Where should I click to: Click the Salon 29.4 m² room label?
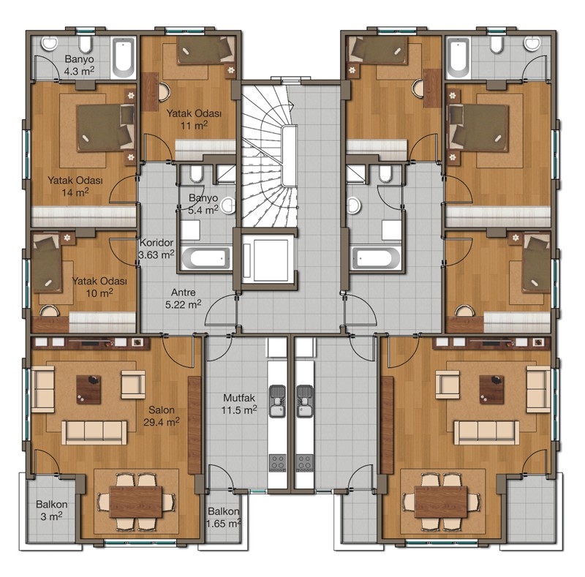point(161,416)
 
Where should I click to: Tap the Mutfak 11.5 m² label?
point(239,404)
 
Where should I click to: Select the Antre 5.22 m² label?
point(184,298)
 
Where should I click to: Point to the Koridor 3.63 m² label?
point(156,249)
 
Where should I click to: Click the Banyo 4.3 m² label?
point(79,65)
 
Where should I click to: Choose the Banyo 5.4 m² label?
point(203,204)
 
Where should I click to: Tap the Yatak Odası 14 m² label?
point(75,186)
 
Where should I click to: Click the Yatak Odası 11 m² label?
point(194,119)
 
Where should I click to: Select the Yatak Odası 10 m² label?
point(99,287)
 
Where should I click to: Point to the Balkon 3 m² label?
point(51,510)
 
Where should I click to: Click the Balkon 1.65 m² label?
point(223,517)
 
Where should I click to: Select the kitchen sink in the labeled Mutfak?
point(276,401)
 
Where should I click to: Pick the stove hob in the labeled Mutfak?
point(278,463)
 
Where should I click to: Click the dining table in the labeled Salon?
point(136,501)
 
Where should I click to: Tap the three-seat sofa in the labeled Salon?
point(94,432)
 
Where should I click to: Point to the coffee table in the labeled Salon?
point(88,390)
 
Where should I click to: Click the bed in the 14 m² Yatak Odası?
point(105,128)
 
